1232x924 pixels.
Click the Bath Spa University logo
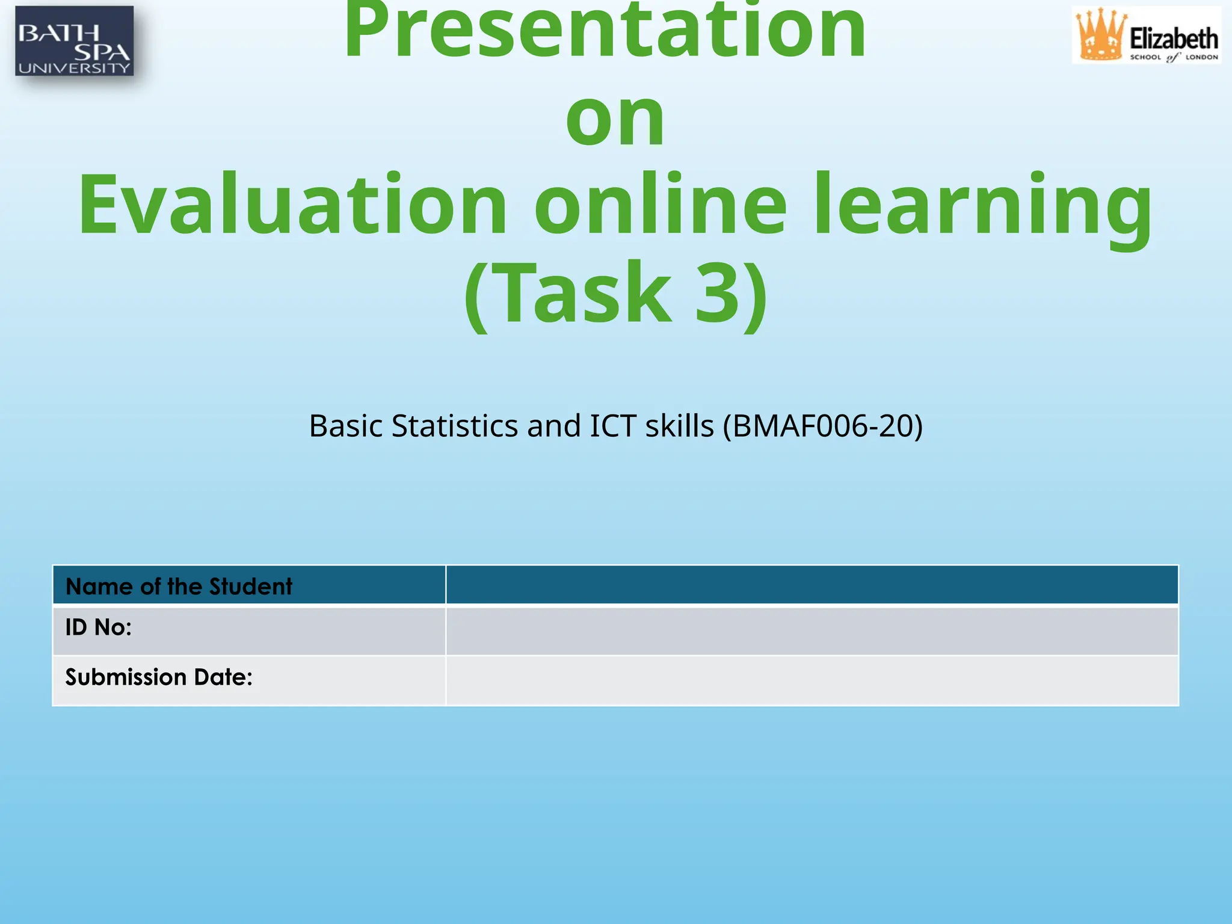74,41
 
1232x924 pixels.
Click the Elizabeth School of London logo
1147,35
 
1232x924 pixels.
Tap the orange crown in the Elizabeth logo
1100,35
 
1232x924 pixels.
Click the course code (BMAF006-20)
822,426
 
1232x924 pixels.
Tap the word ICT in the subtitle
613,426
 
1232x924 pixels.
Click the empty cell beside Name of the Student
812,585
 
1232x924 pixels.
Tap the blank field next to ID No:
812,630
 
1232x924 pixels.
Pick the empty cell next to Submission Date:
812,680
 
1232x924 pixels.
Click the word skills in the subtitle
679,426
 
